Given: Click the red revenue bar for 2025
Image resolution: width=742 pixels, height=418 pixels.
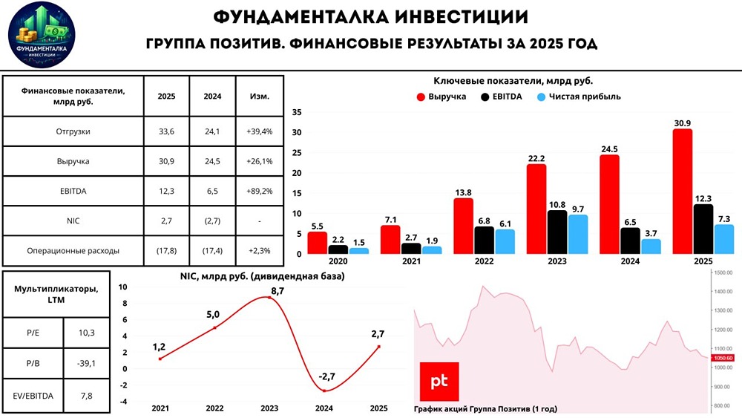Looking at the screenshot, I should click(x=683, y=192).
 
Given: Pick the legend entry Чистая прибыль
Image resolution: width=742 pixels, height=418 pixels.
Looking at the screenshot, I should click(x=578, y=97).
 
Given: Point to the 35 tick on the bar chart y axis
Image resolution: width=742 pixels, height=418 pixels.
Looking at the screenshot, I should click(x=297, y=113).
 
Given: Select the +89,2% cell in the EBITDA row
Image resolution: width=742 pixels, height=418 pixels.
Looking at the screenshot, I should click(x=260, y=191).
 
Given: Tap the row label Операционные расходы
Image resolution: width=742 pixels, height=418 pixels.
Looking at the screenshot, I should click(x=73, y=250).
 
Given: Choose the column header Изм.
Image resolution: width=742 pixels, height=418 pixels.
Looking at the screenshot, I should click(x=260, y=97).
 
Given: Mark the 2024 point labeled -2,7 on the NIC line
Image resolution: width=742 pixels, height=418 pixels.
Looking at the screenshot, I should click(x=324, y=391).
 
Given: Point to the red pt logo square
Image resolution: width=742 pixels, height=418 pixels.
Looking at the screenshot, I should click(x=439, y=382).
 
